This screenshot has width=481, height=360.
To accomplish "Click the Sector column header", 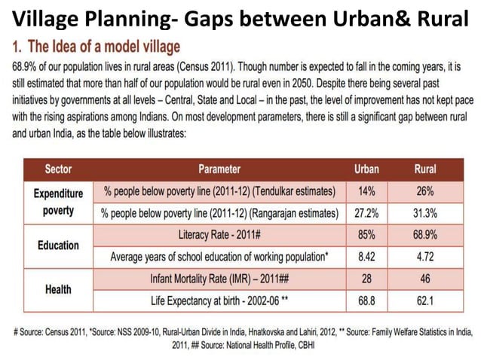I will tap(58, 169).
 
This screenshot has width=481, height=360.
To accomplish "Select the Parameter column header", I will tap(219, 169).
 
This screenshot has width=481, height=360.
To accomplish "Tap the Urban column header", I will tap(366, 169).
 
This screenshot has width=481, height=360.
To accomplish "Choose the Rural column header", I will tap(425, 169).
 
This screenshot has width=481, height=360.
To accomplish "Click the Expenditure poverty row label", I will tap(58, 202).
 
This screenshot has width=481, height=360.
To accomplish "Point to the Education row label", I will tap(58, 246).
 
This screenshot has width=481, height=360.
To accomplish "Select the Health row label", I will tap(58, 289).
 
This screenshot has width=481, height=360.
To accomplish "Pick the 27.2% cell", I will tap(366, 213).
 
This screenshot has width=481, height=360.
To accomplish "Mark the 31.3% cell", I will tap(425, 213).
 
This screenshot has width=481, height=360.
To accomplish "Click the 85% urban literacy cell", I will tap(366, 235).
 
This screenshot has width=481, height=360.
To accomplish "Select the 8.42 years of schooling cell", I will tap(366, 257).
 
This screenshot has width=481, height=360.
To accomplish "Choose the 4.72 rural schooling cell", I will tap(425, 257).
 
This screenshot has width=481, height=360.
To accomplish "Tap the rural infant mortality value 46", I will tap(425, 279).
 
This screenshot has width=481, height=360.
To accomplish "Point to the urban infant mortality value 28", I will tap(366, 279).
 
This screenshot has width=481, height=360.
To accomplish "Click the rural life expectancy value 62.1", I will tap(425, 301).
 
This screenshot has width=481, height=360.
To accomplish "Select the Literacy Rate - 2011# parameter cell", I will tap(219, 235).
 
